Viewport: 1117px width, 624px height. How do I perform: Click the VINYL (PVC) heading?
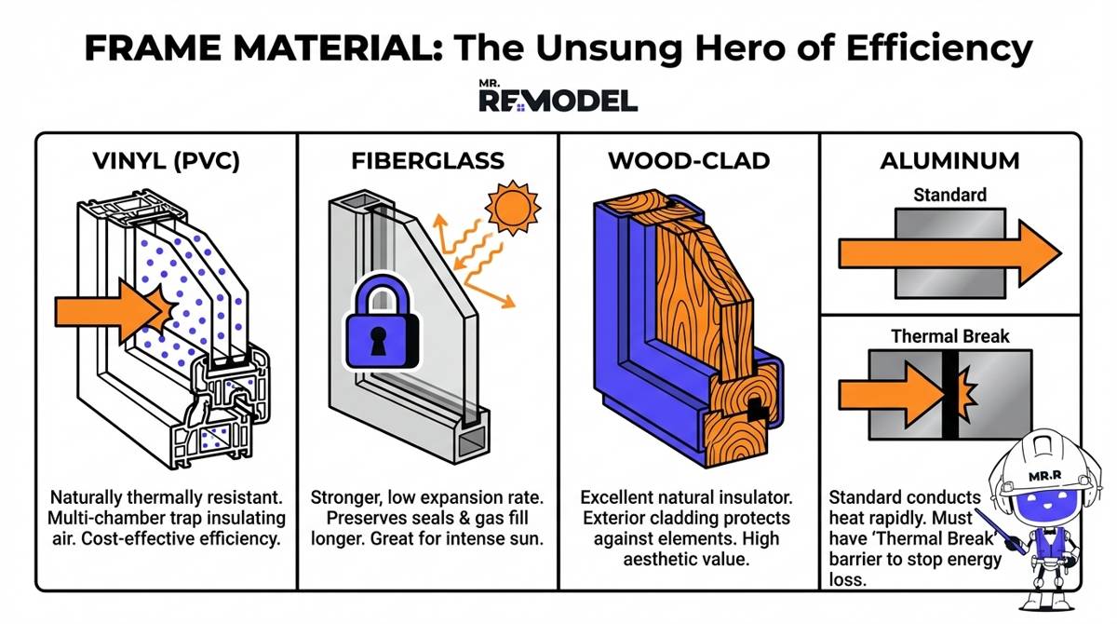point(168,160)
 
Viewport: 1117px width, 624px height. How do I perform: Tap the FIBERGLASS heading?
point(427,160)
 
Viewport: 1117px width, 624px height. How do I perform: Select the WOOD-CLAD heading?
point(689,160)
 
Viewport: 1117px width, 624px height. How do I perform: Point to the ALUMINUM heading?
point(949,160)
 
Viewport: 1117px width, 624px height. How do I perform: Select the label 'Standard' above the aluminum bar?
point(949,196)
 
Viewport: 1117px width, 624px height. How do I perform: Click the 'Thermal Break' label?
point(949,335)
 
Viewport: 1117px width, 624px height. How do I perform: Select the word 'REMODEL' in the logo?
point(558,101)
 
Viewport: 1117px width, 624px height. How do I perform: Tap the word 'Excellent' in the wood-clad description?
point(618,496)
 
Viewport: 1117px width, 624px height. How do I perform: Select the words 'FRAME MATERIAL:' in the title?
point(250,47)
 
